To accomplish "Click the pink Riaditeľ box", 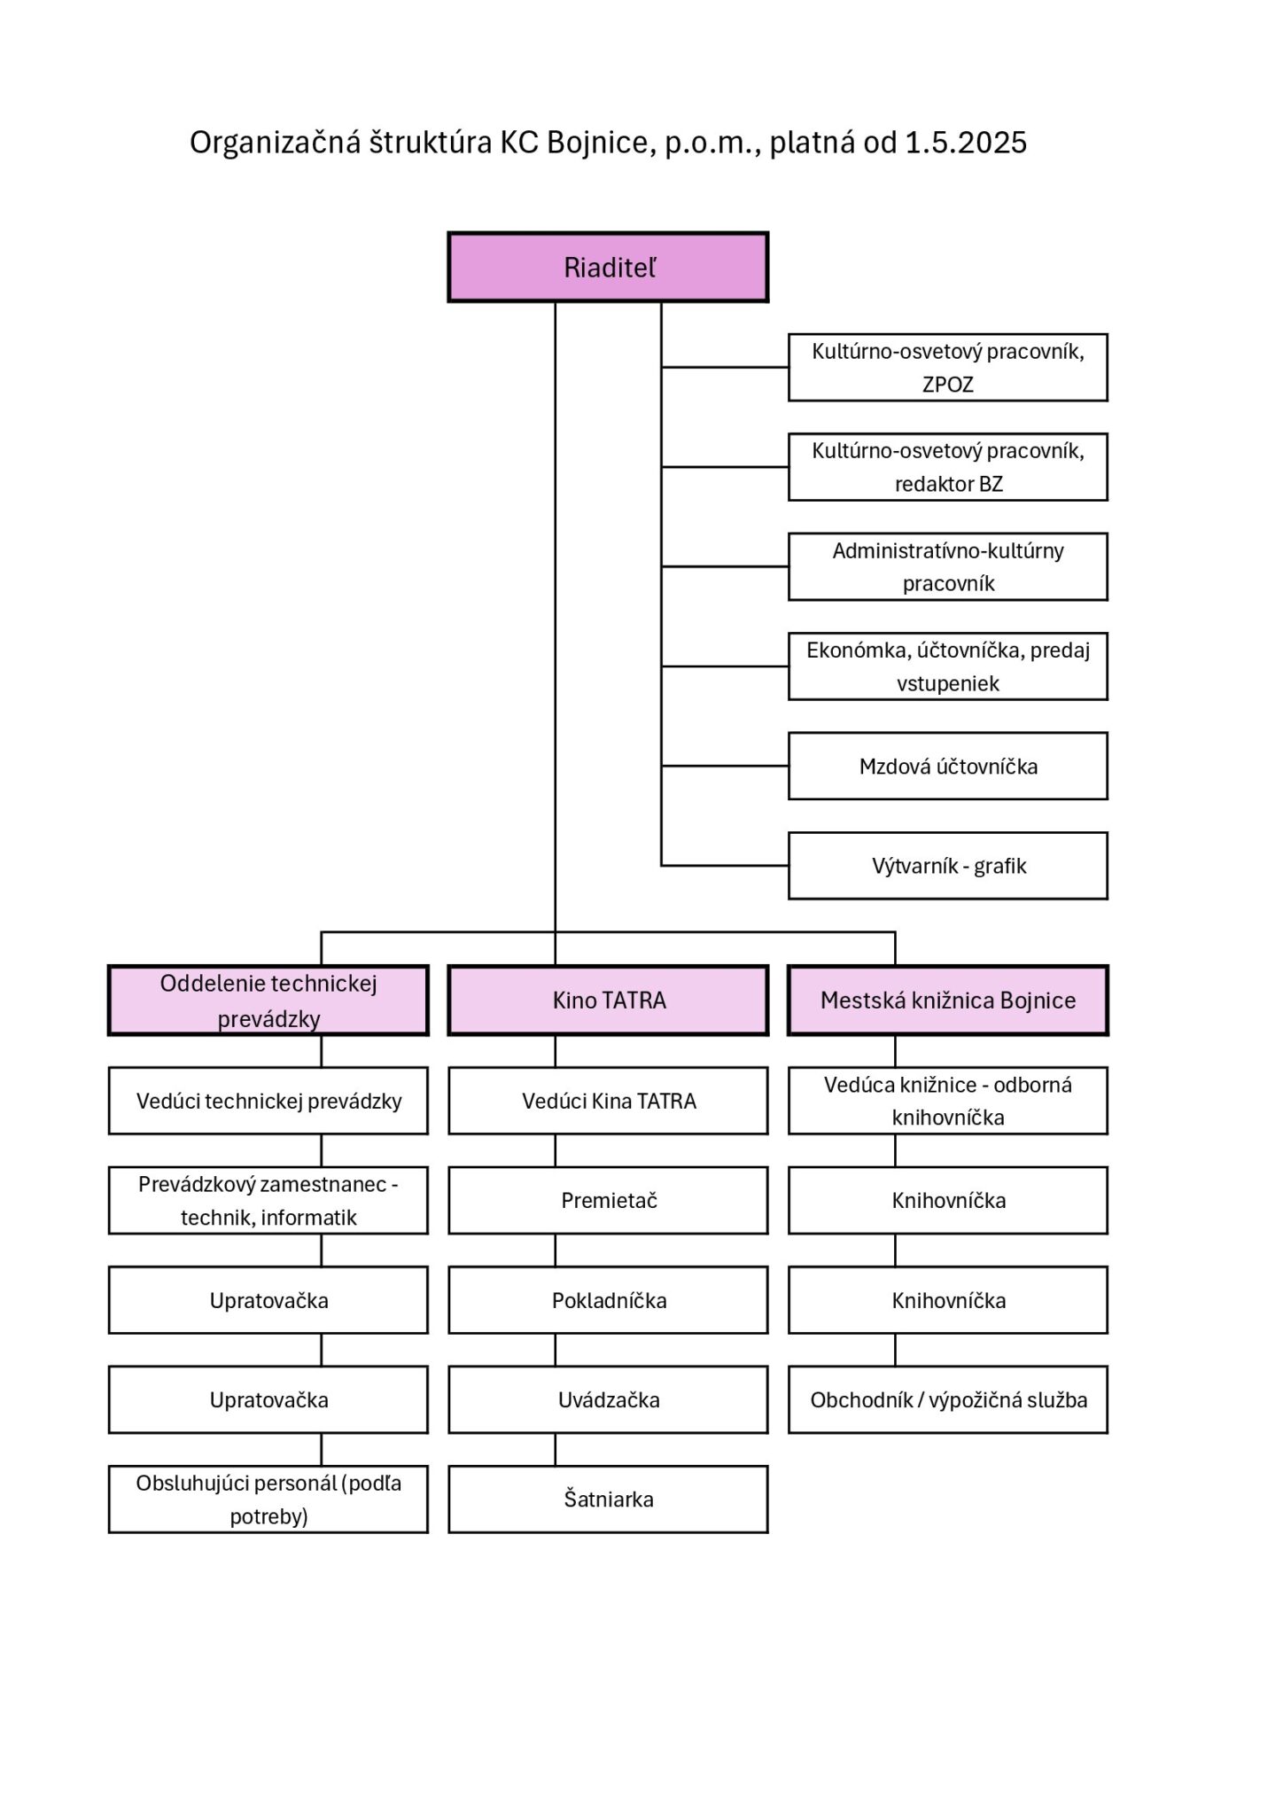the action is (x=608, y=268).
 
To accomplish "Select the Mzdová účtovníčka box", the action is (x=948, y=766).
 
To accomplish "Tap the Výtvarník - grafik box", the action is (x=948, y=866).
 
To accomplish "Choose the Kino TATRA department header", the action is (x=608, y=1001).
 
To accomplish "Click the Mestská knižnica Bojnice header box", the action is (x=948, y=1001).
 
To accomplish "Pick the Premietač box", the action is (x=608, y=1201).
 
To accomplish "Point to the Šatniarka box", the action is (x=608, y=1500).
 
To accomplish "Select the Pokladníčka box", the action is (x=608, y=1300).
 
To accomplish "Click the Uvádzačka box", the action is (x=608, y=1400).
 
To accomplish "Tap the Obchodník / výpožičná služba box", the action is (x=948, y=1400).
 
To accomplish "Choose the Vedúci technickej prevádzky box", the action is (x=268, y=1101).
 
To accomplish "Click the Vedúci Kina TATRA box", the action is (x=608, y=1101).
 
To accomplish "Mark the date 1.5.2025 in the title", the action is (x=966, y=143).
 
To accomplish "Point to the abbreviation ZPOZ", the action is (x=948, y=385).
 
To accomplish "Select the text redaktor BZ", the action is (x=948, y=485).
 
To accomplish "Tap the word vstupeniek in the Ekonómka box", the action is (x=948, y=684).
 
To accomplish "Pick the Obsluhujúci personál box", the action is (x=268, y=1500).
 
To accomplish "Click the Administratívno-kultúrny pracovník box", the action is (x=948, y=566).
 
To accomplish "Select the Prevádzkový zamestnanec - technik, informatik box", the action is (x=268, y=1201).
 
